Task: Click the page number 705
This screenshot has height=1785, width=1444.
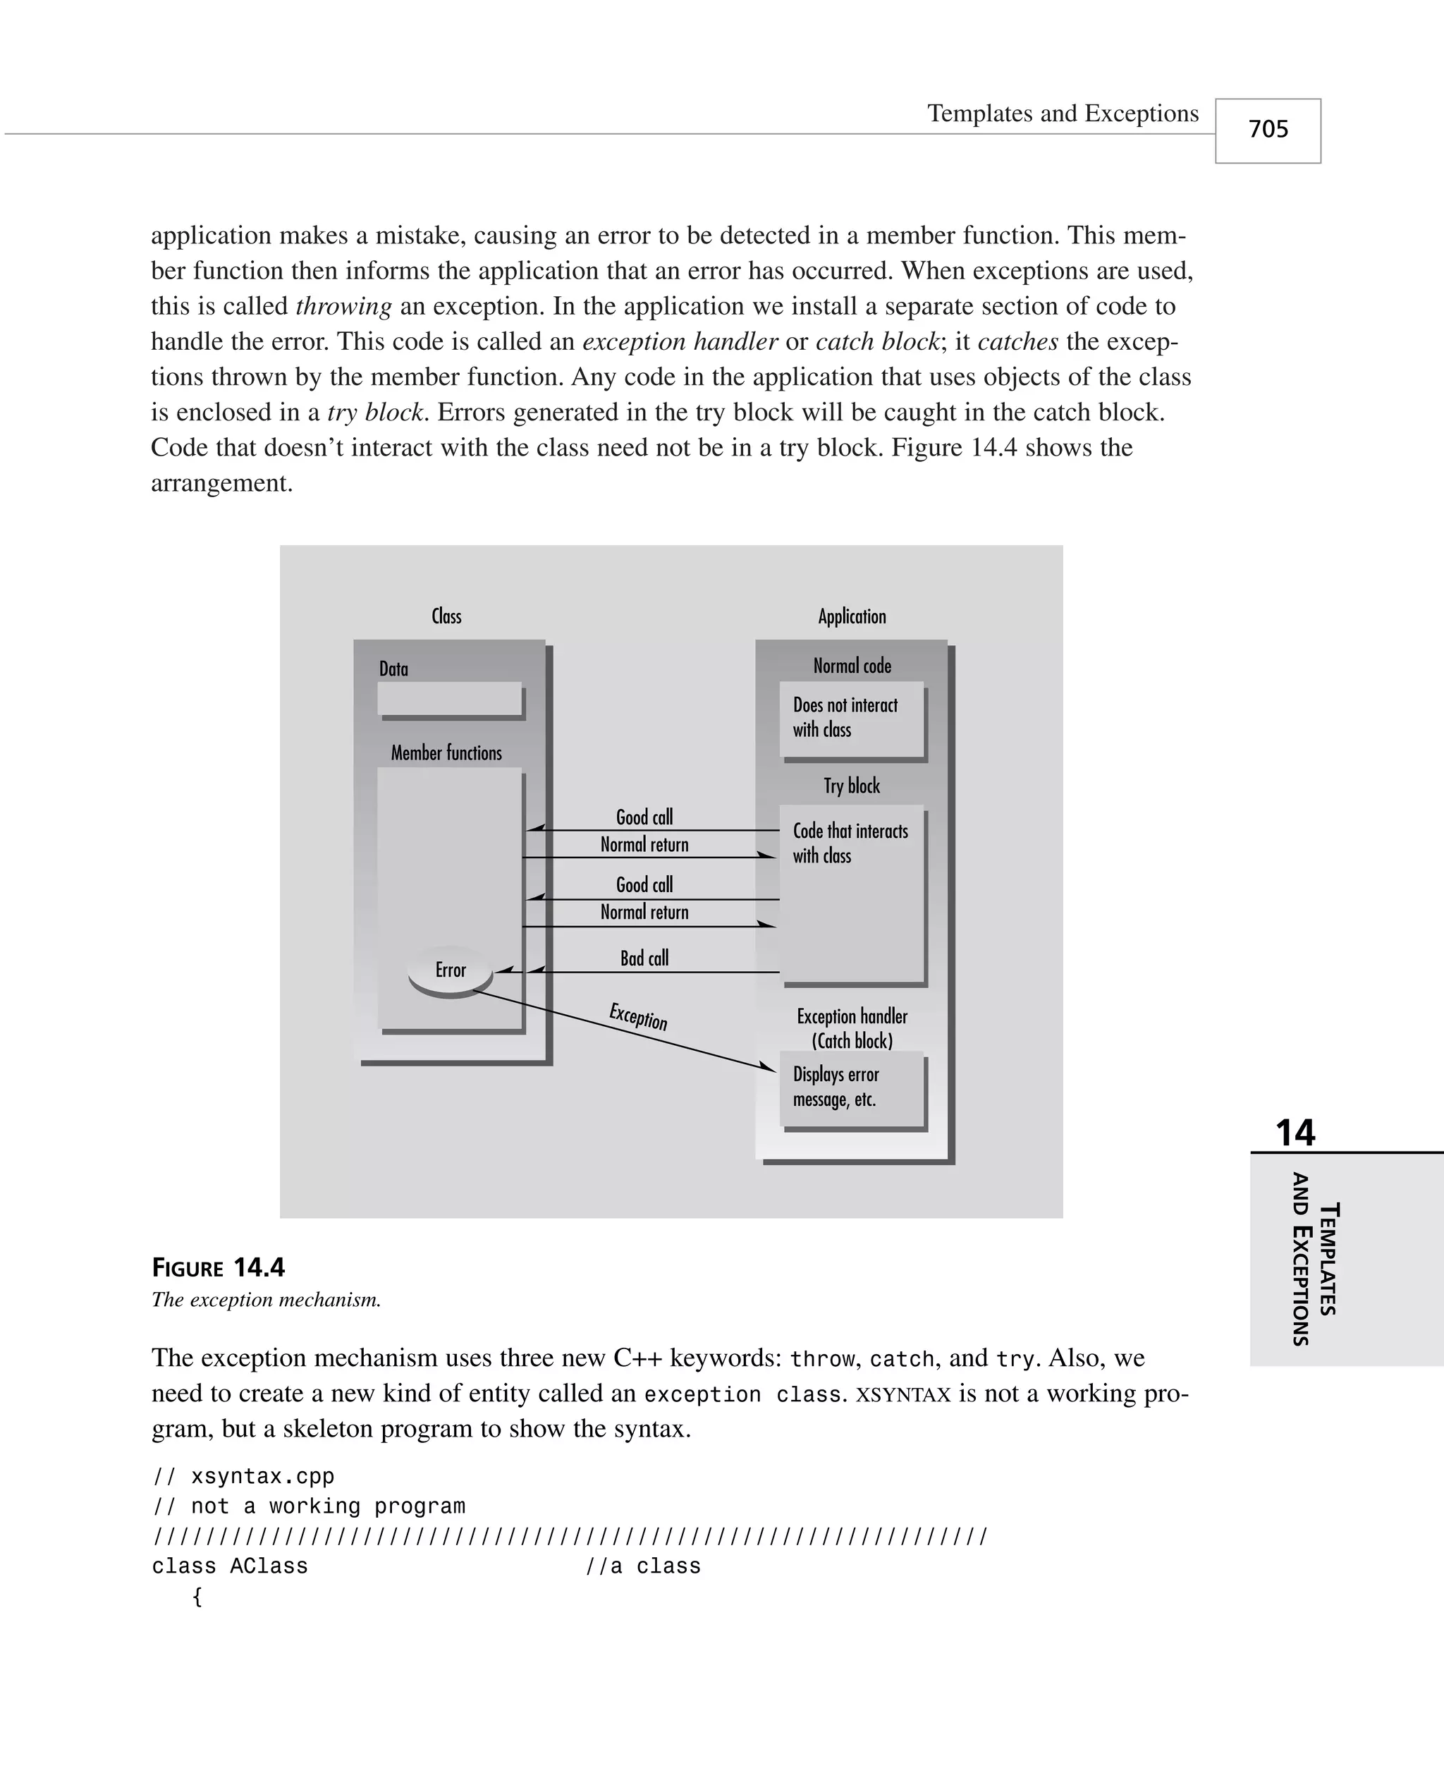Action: click(x=1268, y=130)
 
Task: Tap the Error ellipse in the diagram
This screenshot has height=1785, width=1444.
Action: click(x=450, y=970)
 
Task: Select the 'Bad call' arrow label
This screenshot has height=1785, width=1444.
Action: click(x=644, y=958)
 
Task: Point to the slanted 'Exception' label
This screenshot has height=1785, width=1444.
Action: click(x=638, y=1016)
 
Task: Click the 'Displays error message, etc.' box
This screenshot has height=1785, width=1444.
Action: click(x=852, y=1088)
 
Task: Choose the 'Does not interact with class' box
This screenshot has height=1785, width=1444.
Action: click(x=852, y=718)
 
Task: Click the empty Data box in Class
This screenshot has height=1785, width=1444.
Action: click(x=449, y=699)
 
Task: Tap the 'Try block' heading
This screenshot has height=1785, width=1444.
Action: click(x=852, y=786)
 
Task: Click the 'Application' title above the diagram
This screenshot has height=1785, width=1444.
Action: click(x=852, y=616)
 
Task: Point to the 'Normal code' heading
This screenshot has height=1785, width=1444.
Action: click(x=852, y=666)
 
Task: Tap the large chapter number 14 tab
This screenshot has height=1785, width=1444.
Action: click(x=1295, y=1133)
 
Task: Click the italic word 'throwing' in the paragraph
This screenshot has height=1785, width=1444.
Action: click(x=343, y=306)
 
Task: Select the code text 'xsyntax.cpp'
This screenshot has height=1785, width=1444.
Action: click(x=262, y=1476)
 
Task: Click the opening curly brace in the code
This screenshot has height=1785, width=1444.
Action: click(x=197, y=1596)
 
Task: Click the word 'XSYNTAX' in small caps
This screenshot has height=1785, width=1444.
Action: click(x=902, y=1394)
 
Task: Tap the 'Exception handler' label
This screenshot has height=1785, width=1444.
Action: click(x=852, y=1016)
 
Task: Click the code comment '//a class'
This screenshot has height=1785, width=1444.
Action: click(x=643, y=1566)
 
